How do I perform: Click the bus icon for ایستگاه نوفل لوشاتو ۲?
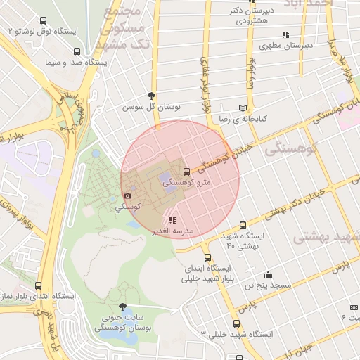[44, 21]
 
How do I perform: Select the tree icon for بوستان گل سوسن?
[151, 96]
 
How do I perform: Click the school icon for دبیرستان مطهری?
[285, 34]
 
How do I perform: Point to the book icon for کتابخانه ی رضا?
[243, 109]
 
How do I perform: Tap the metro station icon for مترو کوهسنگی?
[186, 171]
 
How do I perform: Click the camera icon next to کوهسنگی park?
[127, 196]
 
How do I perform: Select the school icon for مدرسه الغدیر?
[173, 220]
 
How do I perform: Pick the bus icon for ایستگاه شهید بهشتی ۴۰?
[243, 225]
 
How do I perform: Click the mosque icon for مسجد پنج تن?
[268, 275]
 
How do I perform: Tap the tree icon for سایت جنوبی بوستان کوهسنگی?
[124, 307]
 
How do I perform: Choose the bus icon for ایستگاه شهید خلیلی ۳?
[236, 324]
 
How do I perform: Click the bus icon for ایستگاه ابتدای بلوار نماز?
[38, 286]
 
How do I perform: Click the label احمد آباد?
[307, 4]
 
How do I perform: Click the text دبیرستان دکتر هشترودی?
[250, 15]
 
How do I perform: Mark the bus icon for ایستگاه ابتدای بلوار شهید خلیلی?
[207, 257]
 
